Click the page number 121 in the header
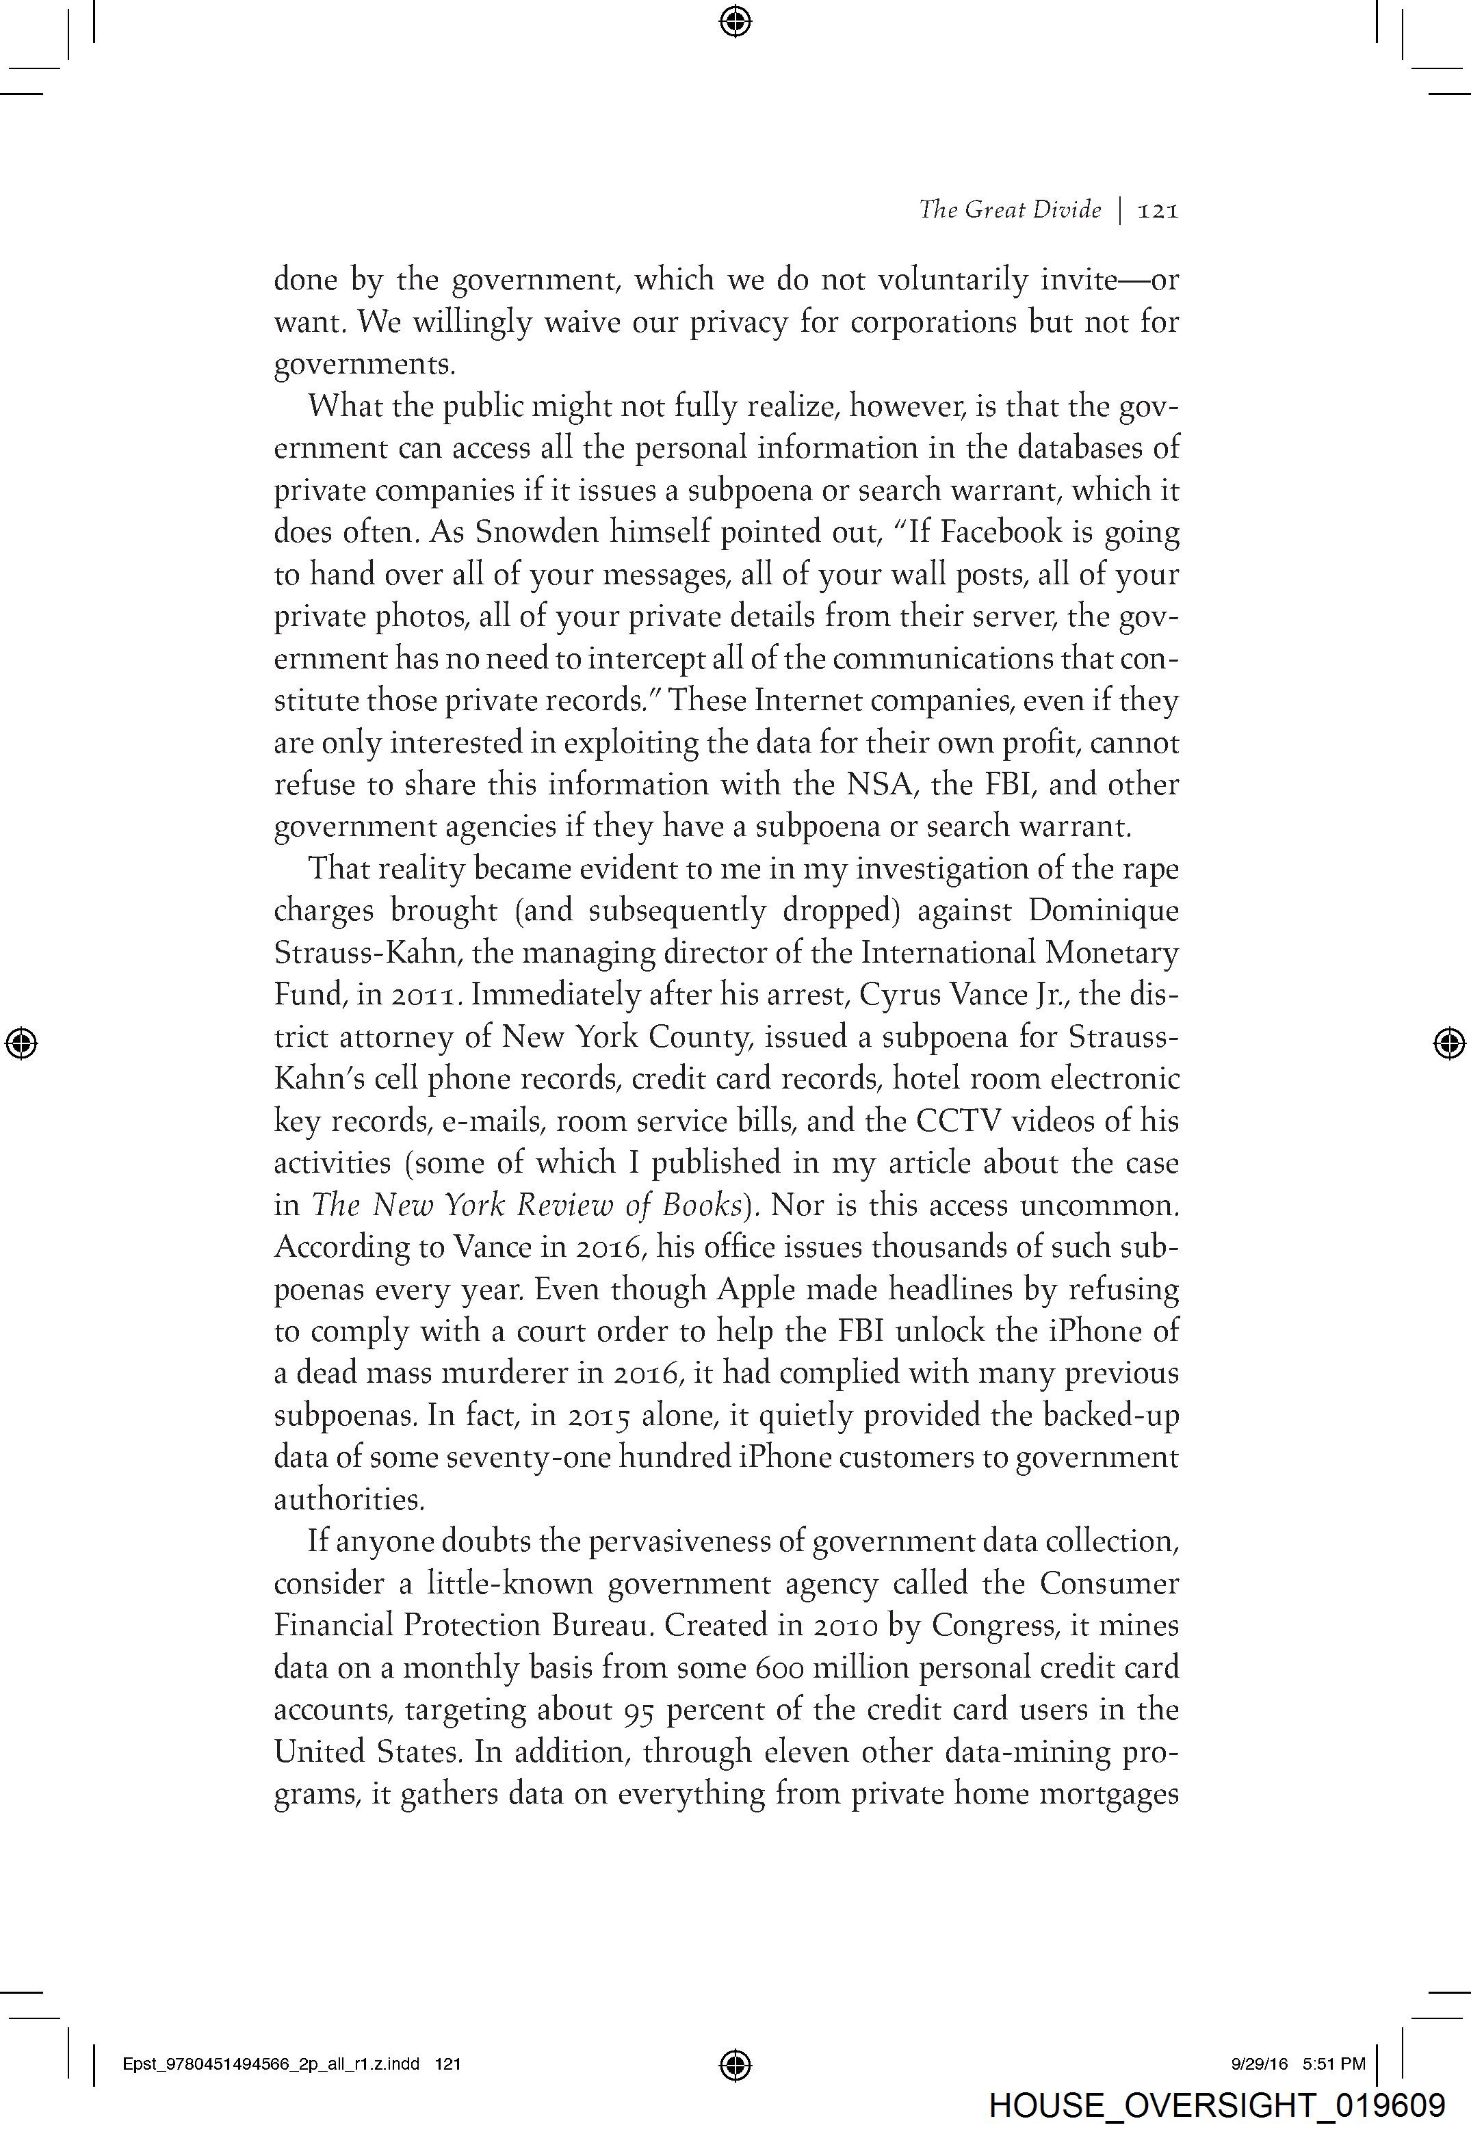[x=1158, y=211]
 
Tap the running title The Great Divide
[x=1009, y=210]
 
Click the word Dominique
[x=1103, y=911]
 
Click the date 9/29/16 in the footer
[x=1259, y=2064]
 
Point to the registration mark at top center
[x=735, y=21]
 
